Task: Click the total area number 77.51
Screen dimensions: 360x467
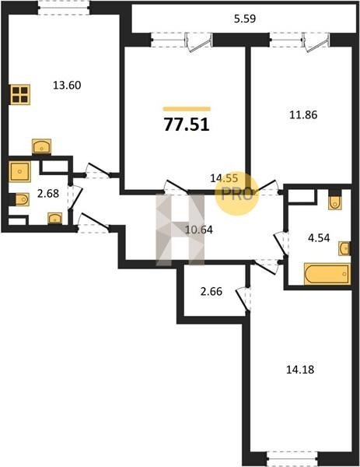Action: coord(187,125)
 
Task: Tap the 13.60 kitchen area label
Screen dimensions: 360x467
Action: coord(67,86)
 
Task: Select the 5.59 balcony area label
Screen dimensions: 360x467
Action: coord(245,19)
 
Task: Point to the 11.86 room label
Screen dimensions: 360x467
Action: coord(303,114)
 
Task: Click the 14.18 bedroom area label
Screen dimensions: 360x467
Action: coord(300,370)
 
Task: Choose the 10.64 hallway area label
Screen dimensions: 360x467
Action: coord(199,230)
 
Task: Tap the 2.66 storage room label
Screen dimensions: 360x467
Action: coord(211,291)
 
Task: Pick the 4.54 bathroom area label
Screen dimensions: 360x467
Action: coord(319,238)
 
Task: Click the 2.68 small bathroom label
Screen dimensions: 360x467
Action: coord(48,194)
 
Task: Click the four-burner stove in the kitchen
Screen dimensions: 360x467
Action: coord(20,94)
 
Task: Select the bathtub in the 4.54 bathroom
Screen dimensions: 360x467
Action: coord(327,274)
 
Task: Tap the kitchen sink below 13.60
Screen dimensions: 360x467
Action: coord(41,146)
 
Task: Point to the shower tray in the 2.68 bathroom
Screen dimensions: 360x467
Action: coord(20,171)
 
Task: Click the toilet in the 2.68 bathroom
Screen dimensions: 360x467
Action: coord(20,199)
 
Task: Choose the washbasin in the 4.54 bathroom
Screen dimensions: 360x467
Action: coord(344,248)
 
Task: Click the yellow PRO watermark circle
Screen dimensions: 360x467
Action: coord(237,194)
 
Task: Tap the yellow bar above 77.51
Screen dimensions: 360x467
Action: coord(187,109)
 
